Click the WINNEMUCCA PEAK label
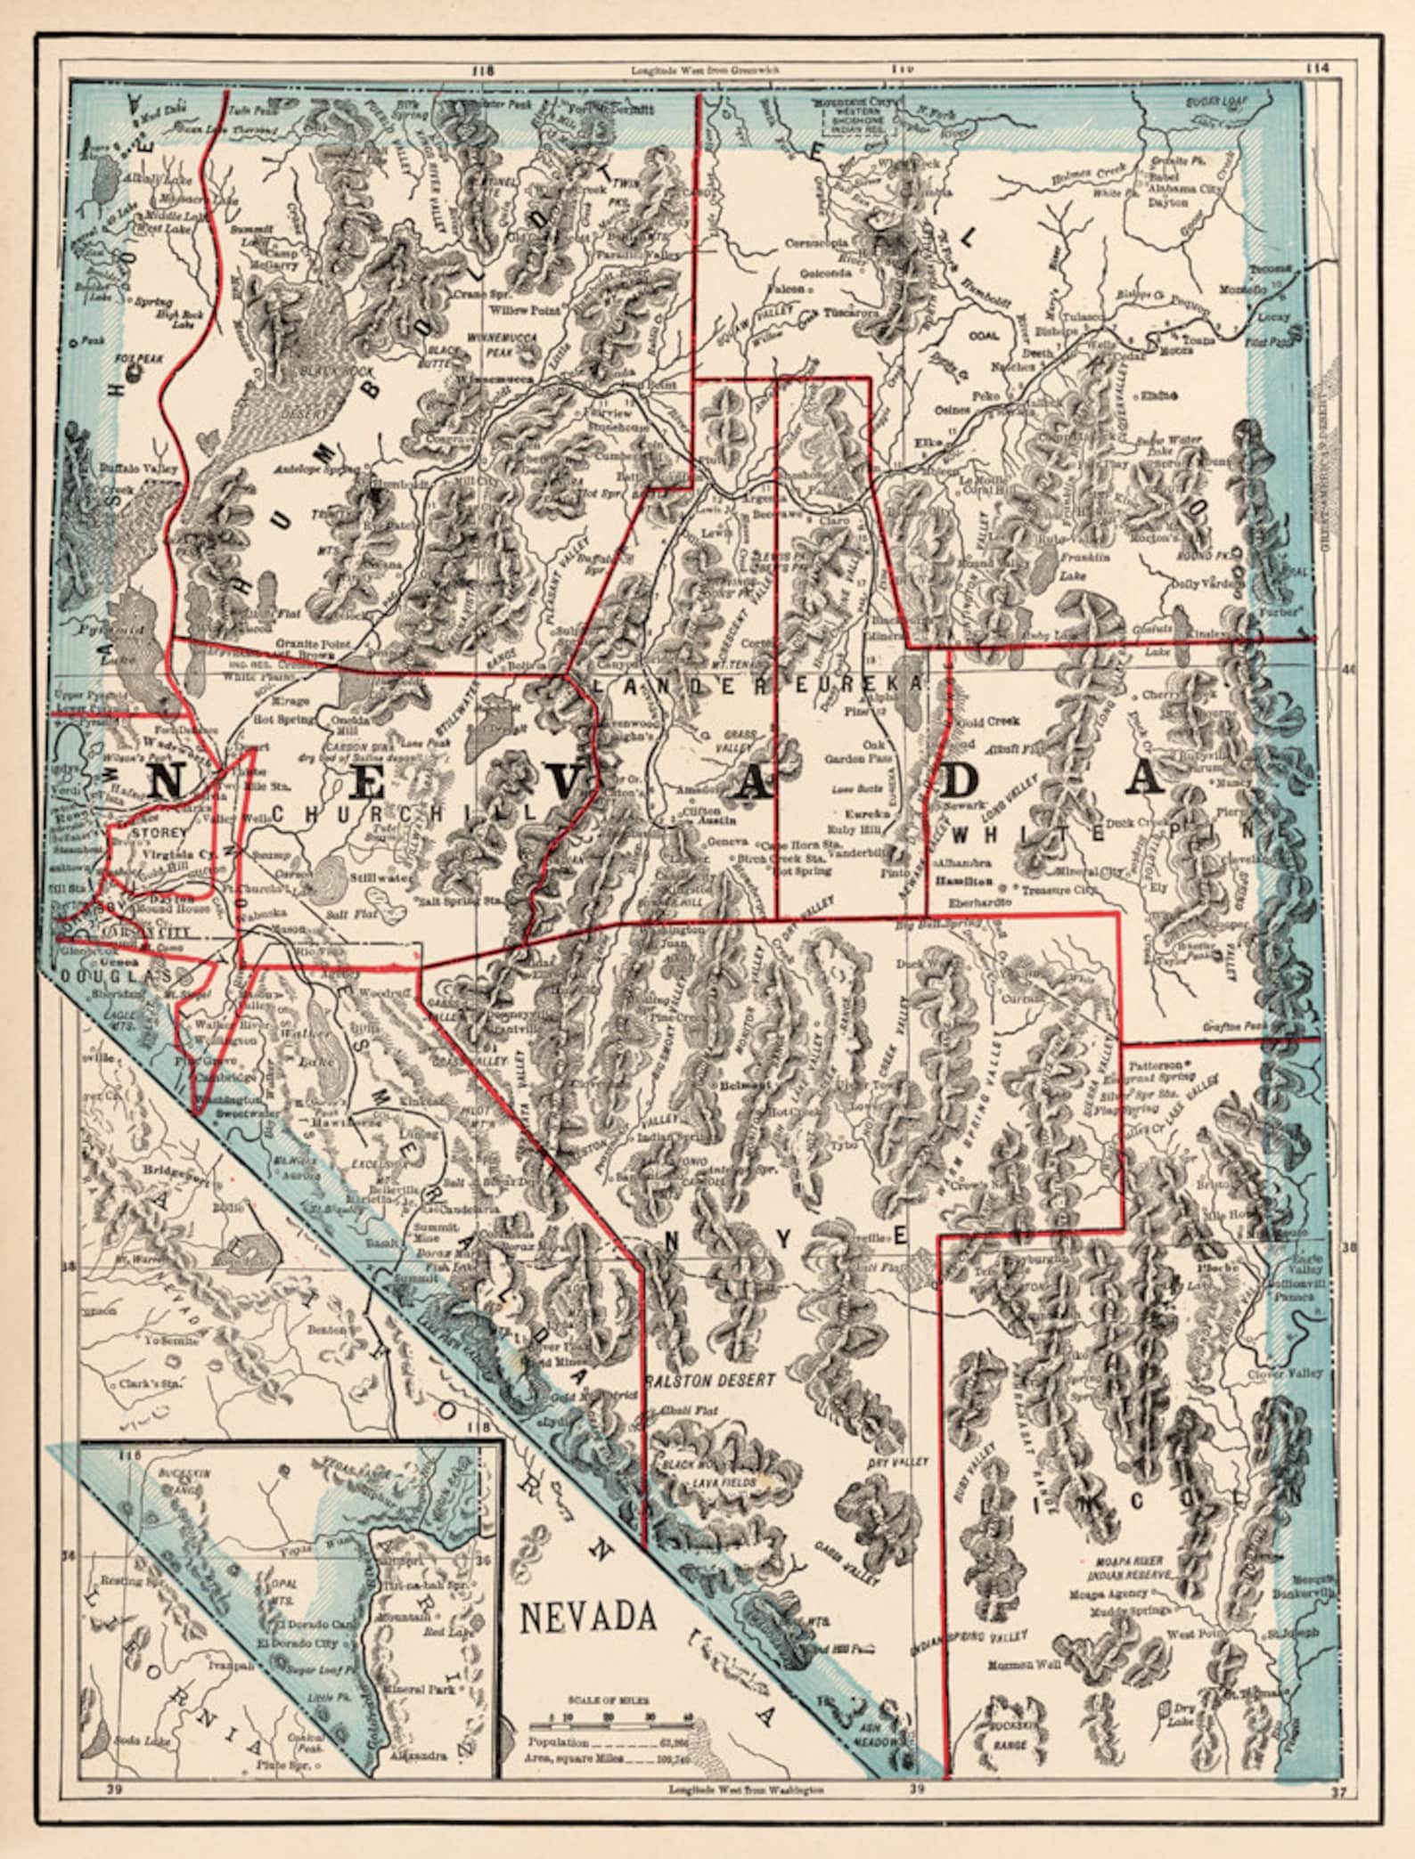click(x=500, y=343)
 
